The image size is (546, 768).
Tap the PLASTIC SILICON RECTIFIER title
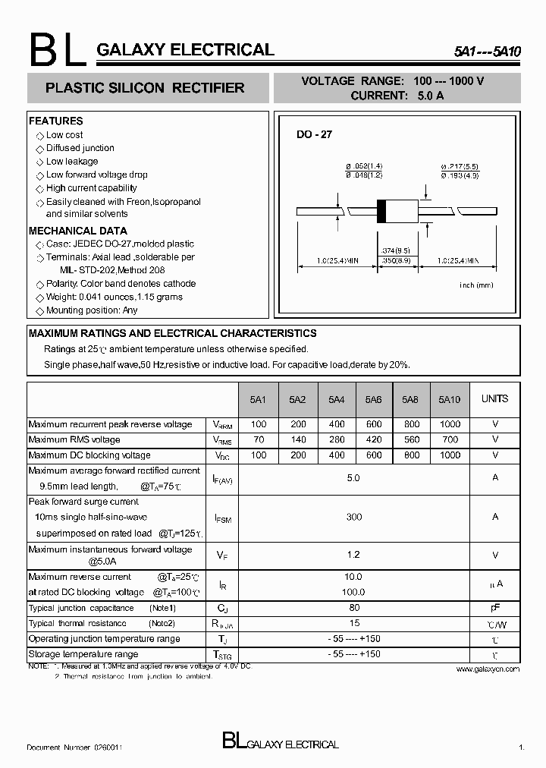click(x=145, y=88)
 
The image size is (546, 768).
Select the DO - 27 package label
click(x=314, y=134)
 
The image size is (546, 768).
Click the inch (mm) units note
click(x=476, y=285)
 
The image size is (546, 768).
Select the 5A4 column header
click(x=337, y=399)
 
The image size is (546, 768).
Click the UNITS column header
click(x=494, y=398)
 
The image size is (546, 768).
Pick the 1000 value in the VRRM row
click(x=450, y=424)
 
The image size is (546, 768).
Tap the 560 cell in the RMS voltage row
click(x=410, y=439)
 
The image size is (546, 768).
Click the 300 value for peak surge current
click(x=353, y=517)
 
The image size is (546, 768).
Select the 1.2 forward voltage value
click(x=353, y=555)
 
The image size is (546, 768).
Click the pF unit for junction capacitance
click(x=494, y=608)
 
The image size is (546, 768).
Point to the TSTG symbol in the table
click(x=221, y=654)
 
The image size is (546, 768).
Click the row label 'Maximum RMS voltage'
click(x=74, y=439)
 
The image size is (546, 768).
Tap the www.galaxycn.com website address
click(x=488, y=669)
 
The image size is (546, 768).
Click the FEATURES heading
click(x=55, y=121)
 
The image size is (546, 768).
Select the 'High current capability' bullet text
click(x=91, y=188)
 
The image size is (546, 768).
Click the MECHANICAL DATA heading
click(x=77, y=231)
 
